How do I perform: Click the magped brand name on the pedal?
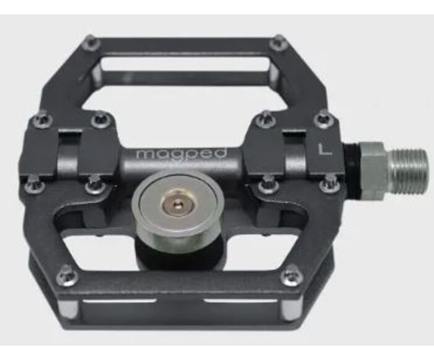coord(182,153)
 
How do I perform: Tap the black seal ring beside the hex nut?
coord(352,171)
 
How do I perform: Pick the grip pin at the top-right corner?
coord(278,43)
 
